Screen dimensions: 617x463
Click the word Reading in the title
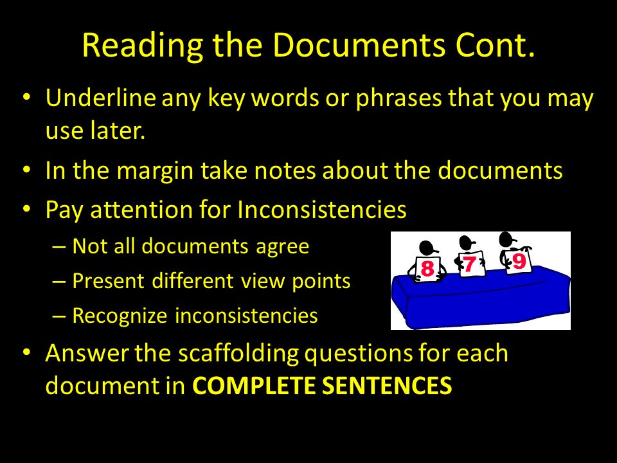[x=143, y=46]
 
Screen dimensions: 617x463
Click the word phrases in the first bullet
[x=399, y=98]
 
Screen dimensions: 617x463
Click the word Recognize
[x=120, y=316]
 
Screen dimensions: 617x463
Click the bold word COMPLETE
[x=254, y=385]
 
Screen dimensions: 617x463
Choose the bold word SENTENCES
[x=387, y=385]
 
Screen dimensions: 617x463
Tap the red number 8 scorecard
[x=427, y=268]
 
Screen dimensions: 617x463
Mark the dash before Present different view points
[x=58, y=282]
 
